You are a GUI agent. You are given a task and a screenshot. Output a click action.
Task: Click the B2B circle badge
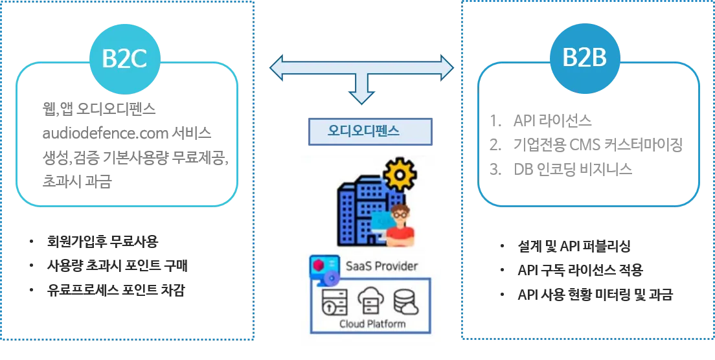584,58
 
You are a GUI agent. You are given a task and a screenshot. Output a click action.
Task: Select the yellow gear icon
400,174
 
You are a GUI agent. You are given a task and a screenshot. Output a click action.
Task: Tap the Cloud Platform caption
372,324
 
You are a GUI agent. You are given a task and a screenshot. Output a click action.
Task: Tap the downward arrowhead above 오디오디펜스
361,97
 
